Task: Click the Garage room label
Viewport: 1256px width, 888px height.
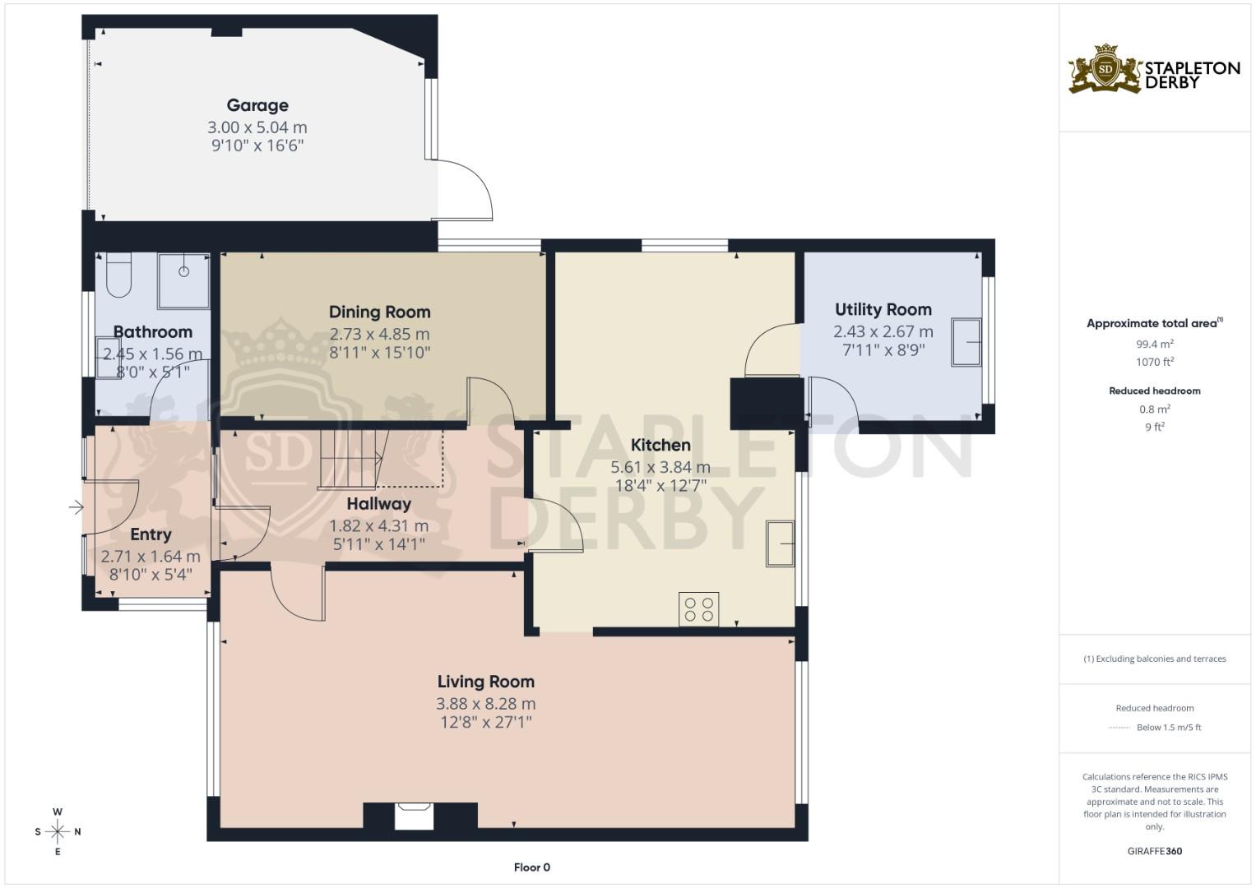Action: pos(257,105)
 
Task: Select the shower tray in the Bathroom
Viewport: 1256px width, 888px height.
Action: pos(183,280)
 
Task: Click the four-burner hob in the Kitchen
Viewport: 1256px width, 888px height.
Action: pos(698,609)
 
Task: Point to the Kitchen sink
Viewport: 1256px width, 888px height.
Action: pos(780,543)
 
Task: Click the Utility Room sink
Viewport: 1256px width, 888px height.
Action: pos(966,341)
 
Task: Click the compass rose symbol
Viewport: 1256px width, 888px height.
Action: pos(58,831)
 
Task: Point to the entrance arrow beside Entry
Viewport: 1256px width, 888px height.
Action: pos(76,508)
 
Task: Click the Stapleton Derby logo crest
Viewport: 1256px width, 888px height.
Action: pos(1106,70)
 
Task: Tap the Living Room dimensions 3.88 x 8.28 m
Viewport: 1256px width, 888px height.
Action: pos(485,704)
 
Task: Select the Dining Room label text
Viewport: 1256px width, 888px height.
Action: pos(379,312)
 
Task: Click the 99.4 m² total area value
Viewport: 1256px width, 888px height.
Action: pos(1154,345)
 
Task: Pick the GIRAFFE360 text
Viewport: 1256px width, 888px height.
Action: pos(1154,851)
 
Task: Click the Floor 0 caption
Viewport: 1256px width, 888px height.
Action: pos(531,867)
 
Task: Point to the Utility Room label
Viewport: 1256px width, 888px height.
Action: pos(883,309)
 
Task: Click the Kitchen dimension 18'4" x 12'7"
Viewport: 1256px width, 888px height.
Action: pos(660,485)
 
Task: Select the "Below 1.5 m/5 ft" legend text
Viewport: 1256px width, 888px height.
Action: pos(1168,727)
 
